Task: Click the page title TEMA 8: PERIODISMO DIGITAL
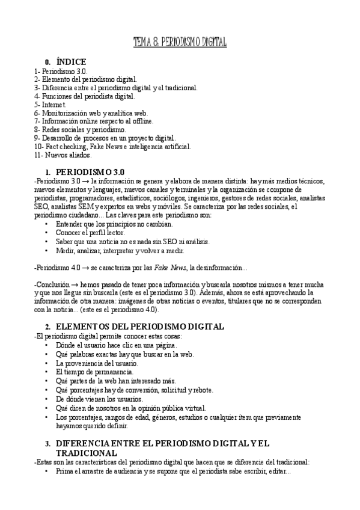tap(180, 41)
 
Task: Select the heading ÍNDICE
tap(71, 62)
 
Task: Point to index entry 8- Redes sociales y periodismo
tap(81, 129)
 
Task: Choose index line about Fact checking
tap(113, 146)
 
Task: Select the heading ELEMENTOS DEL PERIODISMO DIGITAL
tap(139, 327)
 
